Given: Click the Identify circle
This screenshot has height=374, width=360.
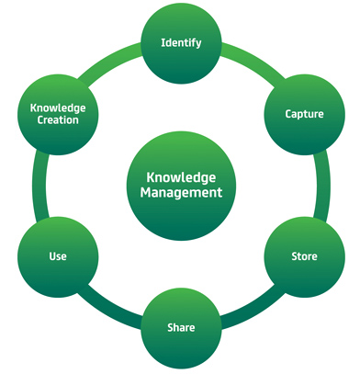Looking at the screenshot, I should (x=181, y=42).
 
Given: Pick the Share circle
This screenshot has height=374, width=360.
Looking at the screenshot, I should (x=181, y=326).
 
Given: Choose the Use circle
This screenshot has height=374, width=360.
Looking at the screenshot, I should (x=58, y=255).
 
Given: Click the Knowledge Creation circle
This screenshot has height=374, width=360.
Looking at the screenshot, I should (x=58, y=113).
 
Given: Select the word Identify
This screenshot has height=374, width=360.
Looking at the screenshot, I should (x=181, y=42).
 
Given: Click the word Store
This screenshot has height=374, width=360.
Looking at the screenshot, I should (x=304, y=255).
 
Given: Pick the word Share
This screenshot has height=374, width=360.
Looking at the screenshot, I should (x=181, y=326).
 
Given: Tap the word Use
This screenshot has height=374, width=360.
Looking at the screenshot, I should (x=58, y=255).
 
